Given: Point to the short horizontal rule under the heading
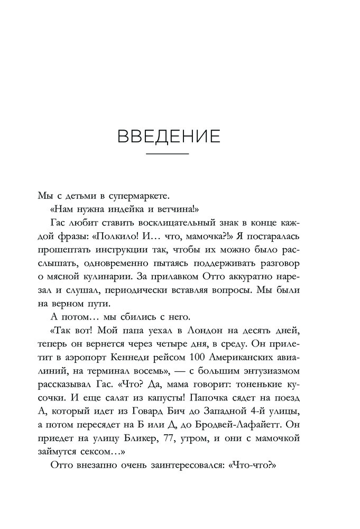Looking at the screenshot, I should tap(167, 153).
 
